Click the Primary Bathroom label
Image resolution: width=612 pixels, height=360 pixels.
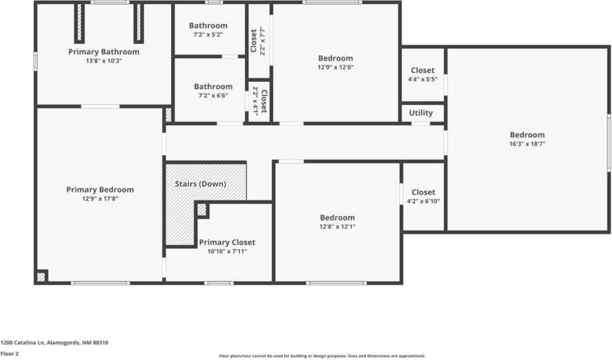[x=104, y=52]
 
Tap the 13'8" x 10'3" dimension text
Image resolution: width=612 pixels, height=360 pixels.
[x=104, y=61]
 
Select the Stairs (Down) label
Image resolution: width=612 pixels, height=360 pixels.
[x=200, y=184]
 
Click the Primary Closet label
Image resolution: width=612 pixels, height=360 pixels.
[x=227, y=243]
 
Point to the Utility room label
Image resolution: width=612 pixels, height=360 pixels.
[x=421, y=113]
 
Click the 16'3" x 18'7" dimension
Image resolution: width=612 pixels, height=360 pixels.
[x=527, y=144]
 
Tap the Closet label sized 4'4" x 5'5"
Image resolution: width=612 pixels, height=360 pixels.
[x=422, y=71]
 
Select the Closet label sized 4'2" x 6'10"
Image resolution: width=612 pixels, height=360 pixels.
[x=424, y=192]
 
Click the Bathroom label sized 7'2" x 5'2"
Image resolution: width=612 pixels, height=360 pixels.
[x=208, y=26]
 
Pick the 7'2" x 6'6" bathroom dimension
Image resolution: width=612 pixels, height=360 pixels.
[x=213, y=95]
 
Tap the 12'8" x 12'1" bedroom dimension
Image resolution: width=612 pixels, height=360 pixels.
[x=337, y=226]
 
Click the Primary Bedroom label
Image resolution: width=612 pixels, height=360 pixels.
[x=100, y=190]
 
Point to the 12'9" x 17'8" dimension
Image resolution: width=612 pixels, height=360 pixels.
[x=100, y=198]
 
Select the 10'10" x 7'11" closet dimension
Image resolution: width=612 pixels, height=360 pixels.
[x=227, y=252]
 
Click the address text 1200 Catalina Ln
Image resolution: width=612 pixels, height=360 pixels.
[x=54, y=343]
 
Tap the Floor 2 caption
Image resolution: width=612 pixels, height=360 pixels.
[x=9, y=353]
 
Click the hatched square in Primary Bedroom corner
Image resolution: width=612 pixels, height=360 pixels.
[x=41, y=276]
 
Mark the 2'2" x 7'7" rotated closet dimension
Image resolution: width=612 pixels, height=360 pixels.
[x=262, y=41]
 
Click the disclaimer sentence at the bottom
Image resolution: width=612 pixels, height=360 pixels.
[x=322, y=356]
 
